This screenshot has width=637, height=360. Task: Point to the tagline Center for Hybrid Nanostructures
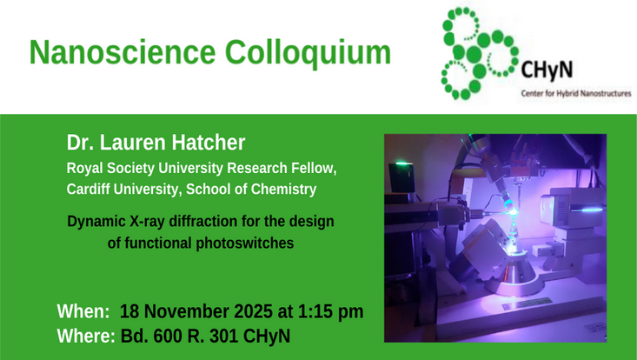tap(575, 91)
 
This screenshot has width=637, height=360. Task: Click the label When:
tap(83, 312)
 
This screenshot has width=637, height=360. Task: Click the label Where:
tap(86, 336)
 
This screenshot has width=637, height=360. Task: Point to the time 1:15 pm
tap(331, 312)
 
